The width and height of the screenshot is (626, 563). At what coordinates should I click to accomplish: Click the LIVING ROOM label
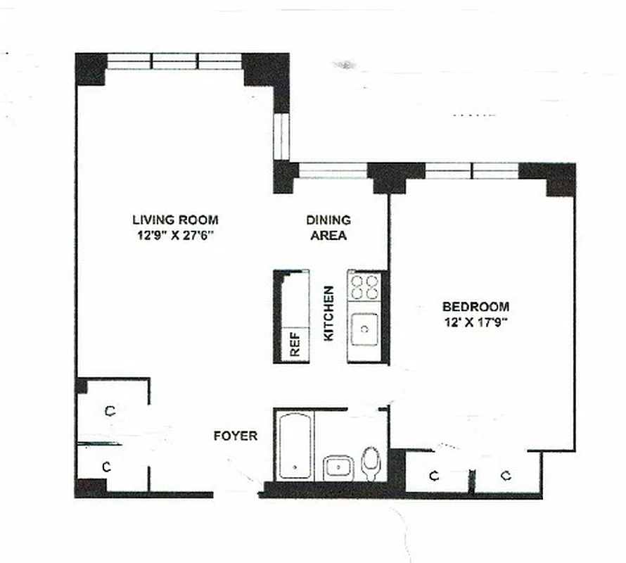(175, 220)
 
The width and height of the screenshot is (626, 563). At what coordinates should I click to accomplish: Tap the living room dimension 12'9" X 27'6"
(175, 235)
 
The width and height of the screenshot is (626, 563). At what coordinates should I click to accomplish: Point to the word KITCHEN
(328, 314)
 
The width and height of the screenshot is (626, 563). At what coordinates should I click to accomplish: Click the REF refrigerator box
(295, 345)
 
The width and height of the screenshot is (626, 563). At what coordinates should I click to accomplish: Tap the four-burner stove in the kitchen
(364, 287)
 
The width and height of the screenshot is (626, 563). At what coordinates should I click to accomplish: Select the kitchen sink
(364, 328)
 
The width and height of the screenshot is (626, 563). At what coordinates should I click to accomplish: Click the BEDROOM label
(475, 307)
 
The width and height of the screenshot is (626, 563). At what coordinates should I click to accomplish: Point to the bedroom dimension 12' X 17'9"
(475, 323)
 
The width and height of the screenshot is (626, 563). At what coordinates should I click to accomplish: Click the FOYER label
(235, 436)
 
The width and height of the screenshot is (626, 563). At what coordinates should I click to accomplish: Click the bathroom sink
(339, 467)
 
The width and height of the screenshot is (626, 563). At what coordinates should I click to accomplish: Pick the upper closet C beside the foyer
(110, 411)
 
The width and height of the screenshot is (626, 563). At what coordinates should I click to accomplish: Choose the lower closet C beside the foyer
(107, 467)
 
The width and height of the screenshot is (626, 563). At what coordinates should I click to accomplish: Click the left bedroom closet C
(435, 476)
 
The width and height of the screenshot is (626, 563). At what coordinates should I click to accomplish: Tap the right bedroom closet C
(505, 476)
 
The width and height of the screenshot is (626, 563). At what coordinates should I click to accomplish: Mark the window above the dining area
(333, 170)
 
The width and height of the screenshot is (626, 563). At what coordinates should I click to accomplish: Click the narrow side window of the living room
(281, 137)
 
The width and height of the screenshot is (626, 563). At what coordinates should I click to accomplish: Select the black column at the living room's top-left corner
(90, 69)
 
